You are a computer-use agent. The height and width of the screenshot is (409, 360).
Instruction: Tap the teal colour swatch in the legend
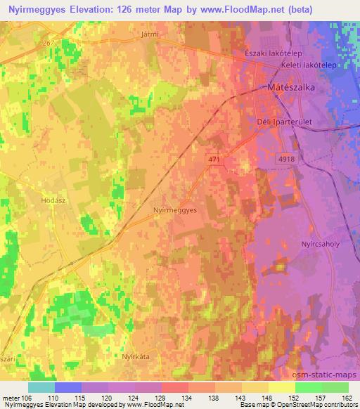[41, 387]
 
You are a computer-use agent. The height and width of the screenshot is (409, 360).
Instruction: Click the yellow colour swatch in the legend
[282, 387]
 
